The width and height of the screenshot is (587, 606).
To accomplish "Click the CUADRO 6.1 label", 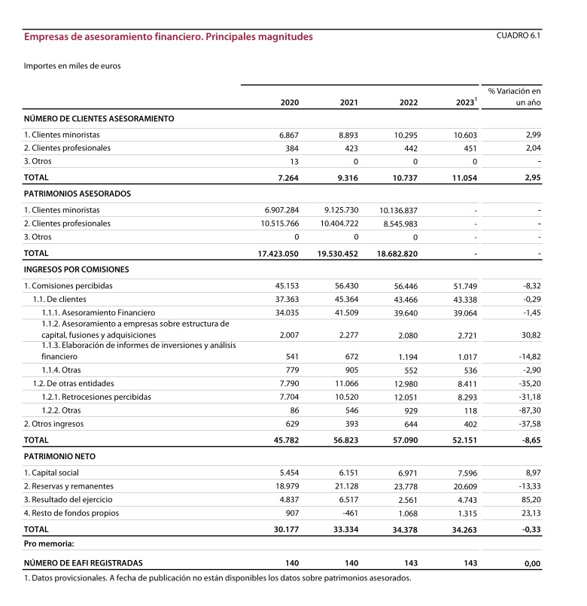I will pyautogui.click(x=519, y=35).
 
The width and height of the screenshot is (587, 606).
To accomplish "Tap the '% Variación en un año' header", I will pyautogui.click(x=514, y=96).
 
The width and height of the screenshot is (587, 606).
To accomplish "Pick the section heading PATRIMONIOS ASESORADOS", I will pyautogui.click(x=78, y=193).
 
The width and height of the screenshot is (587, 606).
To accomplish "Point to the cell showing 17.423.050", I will pyautogui.click(x=278, y=254).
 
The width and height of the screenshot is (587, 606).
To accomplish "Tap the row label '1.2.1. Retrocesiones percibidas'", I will pyautogui.click(x=96, y=396).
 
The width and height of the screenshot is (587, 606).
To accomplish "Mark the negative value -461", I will pyautogui.click(x=348, y=513).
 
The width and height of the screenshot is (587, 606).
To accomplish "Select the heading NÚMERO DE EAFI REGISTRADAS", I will pyautogui.click(x=83, y=562).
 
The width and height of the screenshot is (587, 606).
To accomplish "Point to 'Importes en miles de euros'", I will pyautogui.click(x=72, y=65).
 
